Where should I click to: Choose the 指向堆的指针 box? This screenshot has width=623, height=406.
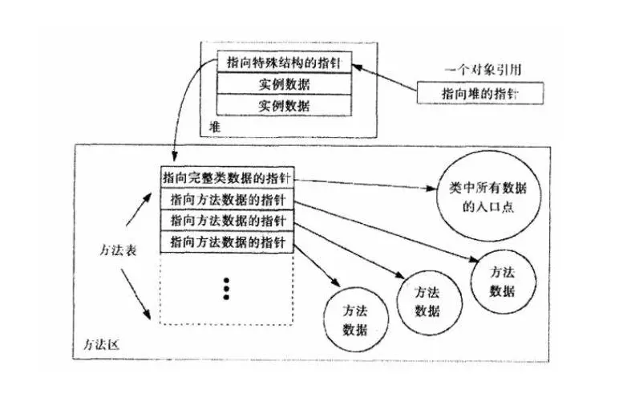tap(480, 94)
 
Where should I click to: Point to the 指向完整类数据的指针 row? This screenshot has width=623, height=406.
tap(227, 177)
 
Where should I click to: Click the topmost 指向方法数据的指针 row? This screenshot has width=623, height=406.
tap(227, 199)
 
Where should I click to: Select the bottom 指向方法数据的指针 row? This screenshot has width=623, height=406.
tap(227, 242)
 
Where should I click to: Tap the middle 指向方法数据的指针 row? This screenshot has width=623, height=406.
tap(227, 220)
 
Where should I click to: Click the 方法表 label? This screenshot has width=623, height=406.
tap(120, 250)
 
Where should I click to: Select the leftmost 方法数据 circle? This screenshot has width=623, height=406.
tap(355, 319)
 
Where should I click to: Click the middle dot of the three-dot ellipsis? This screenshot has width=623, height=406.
tap(227, 288)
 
